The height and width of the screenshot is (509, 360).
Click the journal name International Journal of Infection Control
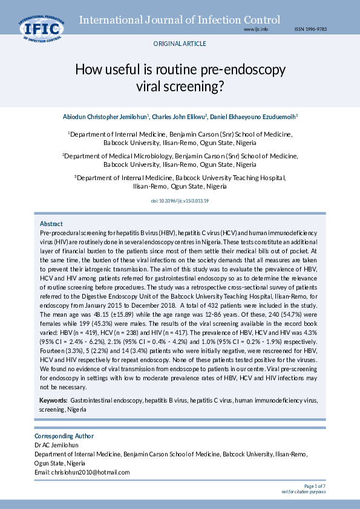[180, 20]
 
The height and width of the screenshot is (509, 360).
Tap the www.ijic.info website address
[255, 29]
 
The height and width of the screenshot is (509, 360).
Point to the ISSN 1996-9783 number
[310, 29]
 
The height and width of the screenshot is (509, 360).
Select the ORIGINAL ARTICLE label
[180, 44]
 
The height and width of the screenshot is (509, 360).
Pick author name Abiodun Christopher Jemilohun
[104, 116]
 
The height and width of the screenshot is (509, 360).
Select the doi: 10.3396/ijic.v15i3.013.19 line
[180, 200]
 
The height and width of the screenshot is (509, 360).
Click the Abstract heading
[51, 224]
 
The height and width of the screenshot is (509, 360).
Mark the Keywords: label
[53, 400]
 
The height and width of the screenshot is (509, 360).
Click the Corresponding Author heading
[64, 436]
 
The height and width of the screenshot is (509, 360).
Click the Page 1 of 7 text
[315, 485]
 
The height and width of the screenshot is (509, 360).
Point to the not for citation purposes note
[304, 491]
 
